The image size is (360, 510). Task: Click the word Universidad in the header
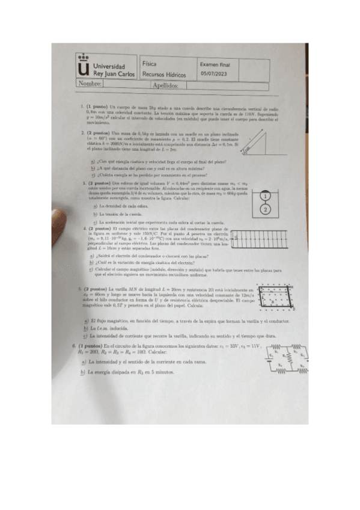109,66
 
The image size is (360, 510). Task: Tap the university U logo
84,69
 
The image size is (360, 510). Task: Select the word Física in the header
151,63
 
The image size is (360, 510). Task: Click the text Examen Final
215,63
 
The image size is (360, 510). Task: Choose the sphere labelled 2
265,209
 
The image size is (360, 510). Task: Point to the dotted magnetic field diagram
273,299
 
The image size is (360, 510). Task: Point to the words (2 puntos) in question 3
99,182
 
